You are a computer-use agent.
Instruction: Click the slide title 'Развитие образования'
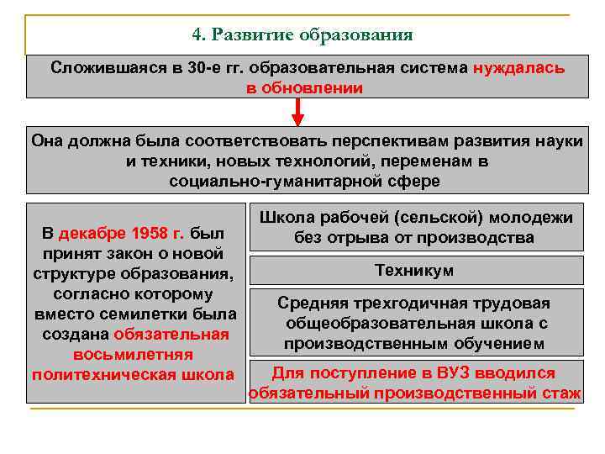coord(313,34)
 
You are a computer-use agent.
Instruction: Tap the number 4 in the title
coord(197,34)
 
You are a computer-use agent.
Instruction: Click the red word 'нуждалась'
coord(518,67)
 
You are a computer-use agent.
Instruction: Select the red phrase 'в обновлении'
coord(304,87)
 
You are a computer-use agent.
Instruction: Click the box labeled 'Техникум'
coord(415,270)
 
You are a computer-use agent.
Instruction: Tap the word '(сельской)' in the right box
coord(415,218)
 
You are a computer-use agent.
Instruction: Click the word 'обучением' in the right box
coord(506,344)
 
